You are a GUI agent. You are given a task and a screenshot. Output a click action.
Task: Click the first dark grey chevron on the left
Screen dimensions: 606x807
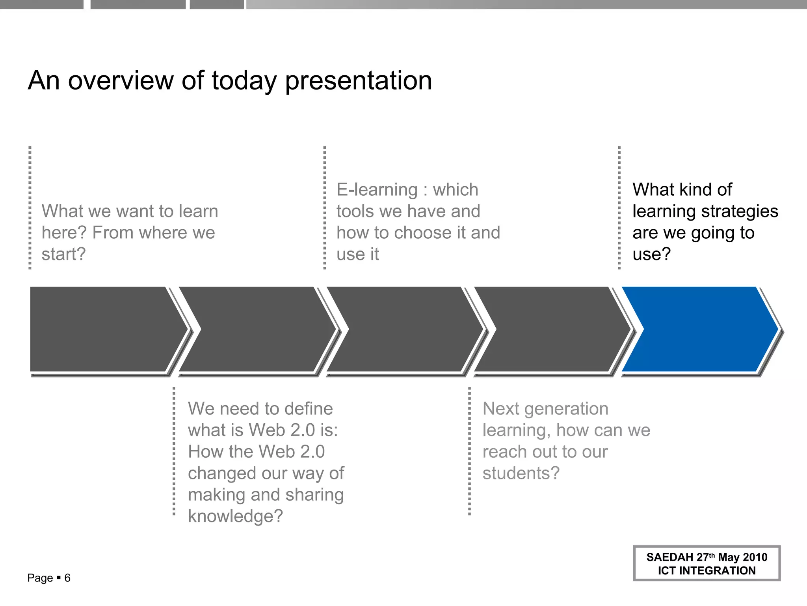(102, 329)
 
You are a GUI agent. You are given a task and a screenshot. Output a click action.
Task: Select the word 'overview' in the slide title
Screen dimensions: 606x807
(121, 80)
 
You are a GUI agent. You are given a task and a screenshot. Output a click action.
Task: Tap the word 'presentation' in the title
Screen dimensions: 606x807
(358, 81)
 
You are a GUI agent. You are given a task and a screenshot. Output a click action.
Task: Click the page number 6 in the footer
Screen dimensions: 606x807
(67, 578)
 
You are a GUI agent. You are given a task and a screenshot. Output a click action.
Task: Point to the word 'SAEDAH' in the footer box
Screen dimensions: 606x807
(669, 557)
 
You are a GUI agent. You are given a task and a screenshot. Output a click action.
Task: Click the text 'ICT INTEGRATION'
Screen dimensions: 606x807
(707, 570)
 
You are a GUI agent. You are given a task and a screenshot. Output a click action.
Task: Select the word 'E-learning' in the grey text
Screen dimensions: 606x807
(377, 190)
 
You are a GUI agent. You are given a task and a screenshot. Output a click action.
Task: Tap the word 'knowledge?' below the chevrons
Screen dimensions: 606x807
(235, 516)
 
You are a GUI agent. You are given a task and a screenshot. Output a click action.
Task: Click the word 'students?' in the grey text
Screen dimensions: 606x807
(521, 473)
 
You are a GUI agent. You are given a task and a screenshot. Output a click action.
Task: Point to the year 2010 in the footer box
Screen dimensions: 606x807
(755, 557)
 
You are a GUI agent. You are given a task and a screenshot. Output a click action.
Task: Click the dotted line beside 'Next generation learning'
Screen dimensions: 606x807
(469, 451)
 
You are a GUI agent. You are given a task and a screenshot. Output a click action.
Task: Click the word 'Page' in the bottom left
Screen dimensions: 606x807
(40, 578)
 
